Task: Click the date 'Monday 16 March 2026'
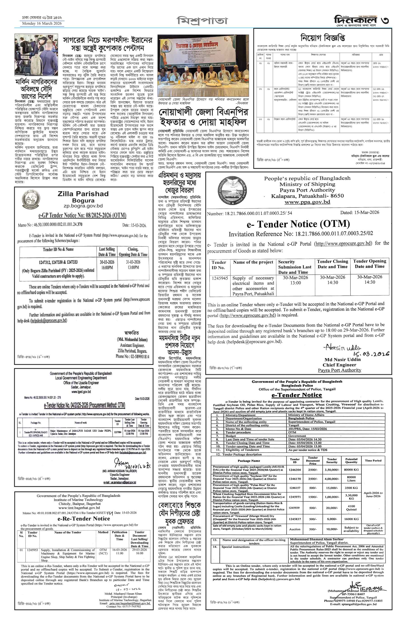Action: click(x=42, y=24)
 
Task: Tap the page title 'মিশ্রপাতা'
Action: click(x=202, y=21)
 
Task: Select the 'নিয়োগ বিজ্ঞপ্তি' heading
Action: click(x=322, y=38)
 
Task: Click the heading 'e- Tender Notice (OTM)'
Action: click(x=298, y=224)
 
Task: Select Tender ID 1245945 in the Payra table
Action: click(x=220, y=278)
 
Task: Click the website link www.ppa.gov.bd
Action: click(x=307, y=202)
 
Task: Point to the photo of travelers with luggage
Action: click(x=36, y=55)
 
